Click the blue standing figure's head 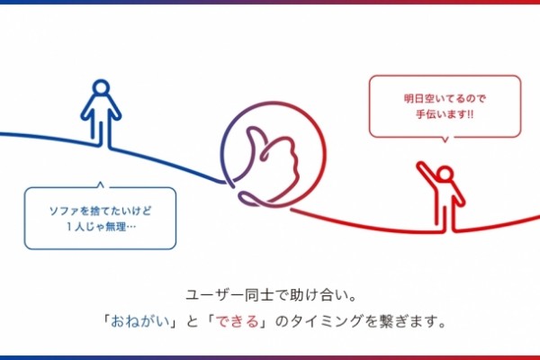click(x=101, y=88)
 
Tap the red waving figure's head click(x=445, y=174)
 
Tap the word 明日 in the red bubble click(x=414, y=98)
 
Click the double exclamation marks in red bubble click(x=470, y=114)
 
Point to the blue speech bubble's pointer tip click(x=100, y=182)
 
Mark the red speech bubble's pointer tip click(x=445, y=141)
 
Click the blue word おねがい click(x=140, y=321)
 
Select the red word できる click(x=237, y=321)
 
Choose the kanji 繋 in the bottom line click(x=386, y=321)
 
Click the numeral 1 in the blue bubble click(x=69, y=227)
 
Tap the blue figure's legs click(x=101, y=130)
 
